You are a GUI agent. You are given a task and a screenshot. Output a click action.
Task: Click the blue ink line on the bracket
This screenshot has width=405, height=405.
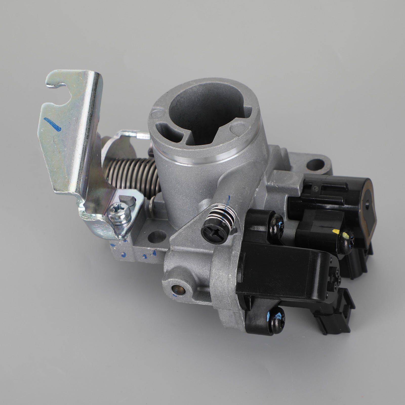coord(53,124)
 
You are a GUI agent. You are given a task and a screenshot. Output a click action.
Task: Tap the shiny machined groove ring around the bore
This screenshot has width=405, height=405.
coord(210,157)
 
